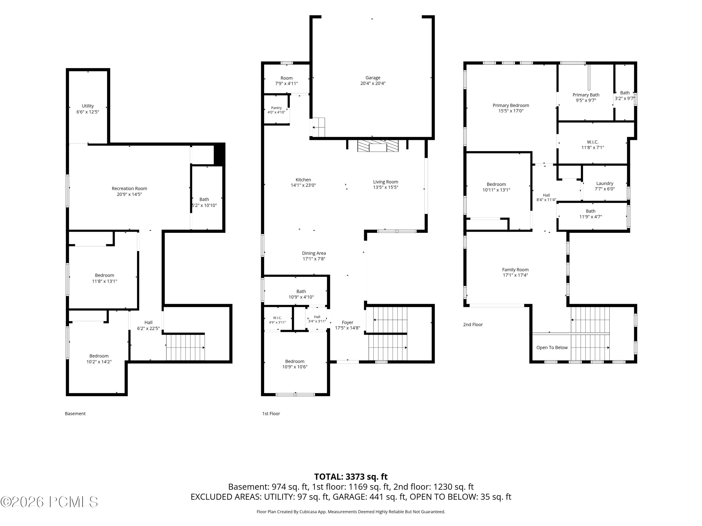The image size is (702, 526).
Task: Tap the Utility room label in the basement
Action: (x=88, y=106)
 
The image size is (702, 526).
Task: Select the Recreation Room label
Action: (x=129, y=188)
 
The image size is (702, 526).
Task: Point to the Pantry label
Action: (x=276, y=108)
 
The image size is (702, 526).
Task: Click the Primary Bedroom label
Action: (x=511, y=105)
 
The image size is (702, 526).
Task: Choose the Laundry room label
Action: (x=605, y=183)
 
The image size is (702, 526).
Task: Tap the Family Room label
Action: (x=515, y=270)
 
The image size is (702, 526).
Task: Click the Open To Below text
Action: (x=552, y=347)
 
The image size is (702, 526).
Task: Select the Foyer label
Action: (x=347, y=322)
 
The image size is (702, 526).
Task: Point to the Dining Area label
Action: (x=314, y=253)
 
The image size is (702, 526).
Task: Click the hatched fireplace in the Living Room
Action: (x=378, y=146)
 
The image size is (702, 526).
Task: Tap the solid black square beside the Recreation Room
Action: (x=219, y=154)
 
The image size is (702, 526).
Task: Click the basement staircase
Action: (x=185, y=347)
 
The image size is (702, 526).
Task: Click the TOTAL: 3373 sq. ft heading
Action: (x=351, y=476)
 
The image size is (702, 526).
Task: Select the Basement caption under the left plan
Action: (x=75, y=414)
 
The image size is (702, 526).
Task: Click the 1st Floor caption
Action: (x=271, y=414)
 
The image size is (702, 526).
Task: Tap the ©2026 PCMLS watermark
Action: (x=49, y=502)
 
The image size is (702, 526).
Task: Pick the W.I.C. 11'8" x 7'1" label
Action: (x=592, y=144)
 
